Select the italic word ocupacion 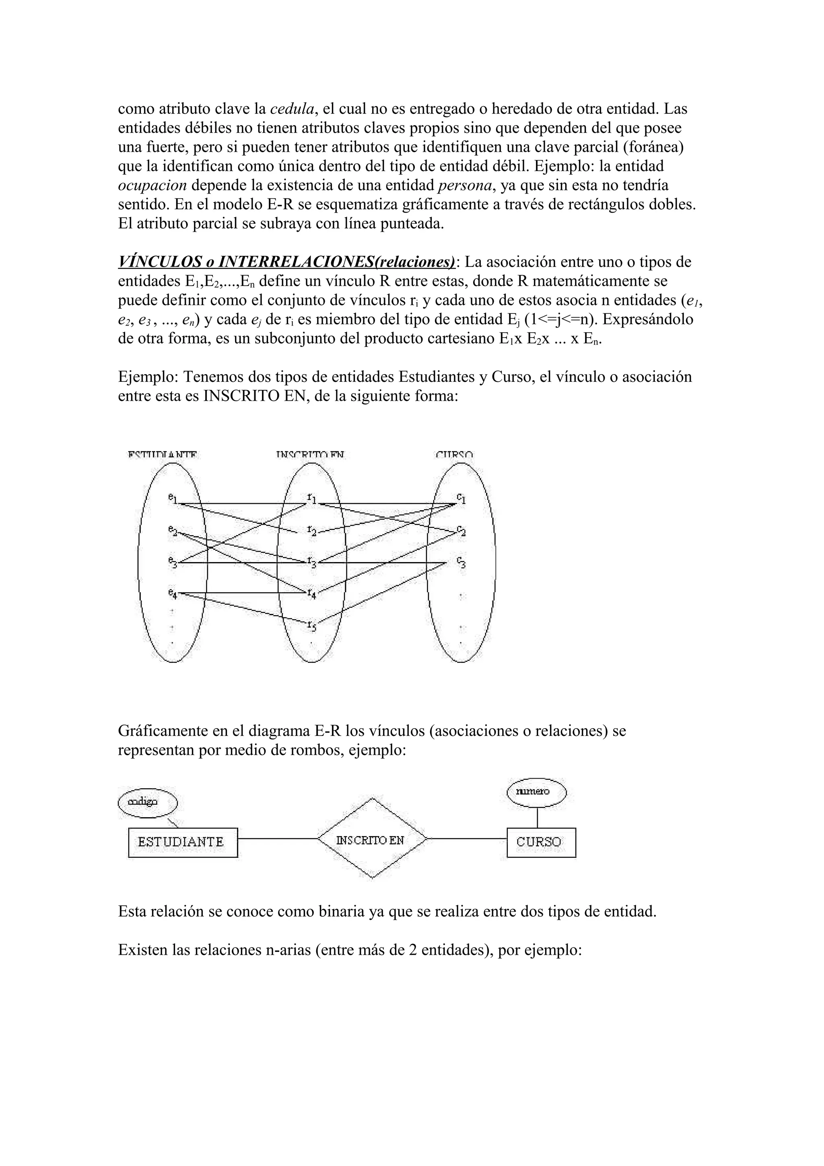click(x=152, y=186)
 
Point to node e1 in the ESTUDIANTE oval click(x=172, y=499)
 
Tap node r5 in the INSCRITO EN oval click(x=311, y=626)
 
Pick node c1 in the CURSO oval click(x=461, y=499)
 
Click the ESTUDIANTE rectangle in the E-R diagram click(x=183, y=843)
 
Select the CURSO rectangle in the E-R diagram click(x=541, y=843)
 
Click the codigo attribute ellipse click(x=147, y=802)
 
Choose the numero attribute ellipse click(x=537, y=792)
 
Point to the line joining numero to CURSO click(x=538, y=817)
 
